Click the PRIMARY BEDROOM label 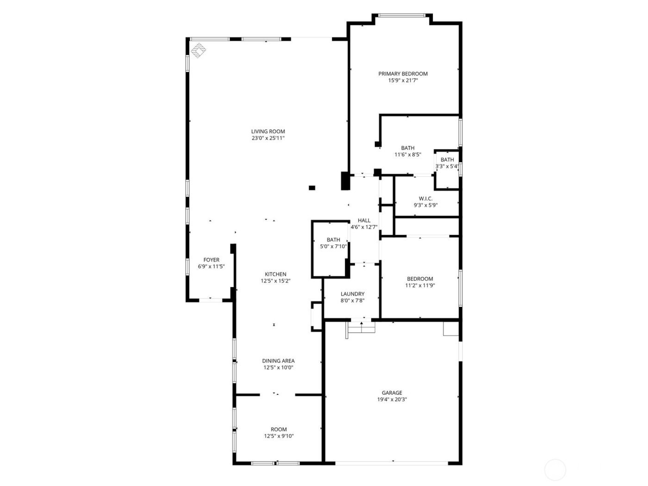point(403,74)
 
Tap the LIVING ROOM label point(268,131)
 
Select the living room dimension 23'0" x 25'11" point(268,138)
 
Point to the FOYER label point(212,260)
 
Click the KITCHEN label point(275,274)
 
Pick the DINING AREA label point(278,361)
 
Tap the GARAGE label point(392,393)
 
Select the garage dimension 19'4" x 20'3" point(392,399)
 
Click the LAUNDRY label point(352,294)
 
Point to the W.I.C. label point(425,199)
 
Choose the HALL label point(364,221)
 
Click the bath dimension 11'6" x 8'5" point(408,155)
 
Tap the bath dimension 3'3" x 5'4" point(447,167)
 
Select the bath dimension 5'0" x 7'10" point(333,247)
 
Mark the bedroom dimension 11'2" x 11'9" point(420,286)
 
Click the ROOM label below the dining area point(279,430)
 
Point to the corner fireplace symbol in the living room point(199,50)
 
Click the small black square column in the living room point(312,188)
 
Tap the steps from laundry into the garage point(361,328)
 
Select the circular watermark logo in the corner point(555,470)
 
